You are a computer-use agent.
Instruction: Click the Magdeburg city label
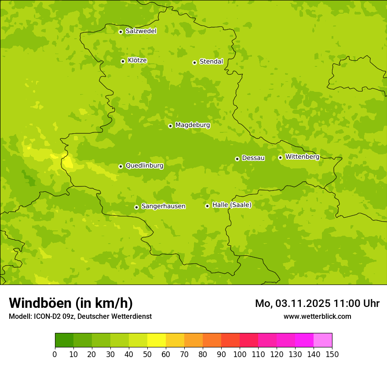(x=193, y=125)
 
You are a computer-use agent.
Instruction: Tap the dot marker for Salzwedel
(x=120, y=32)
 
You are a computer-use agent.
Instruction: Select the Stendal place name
(x=211, y=62)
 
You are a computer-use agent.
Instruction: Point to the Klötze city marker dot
(x=123, y=61)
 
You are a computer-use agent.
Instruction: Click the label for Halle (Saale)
(x=232, y=205)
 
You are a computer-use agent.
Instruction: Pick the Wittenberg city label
(x=302, y=157)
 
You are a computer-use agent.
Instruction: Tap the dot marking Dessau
(x=237, y=159)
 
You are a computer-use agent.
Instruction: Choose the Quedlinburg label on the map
(x=144, y=166)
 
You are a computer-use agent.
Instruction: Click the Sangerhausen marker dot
(x=136, y=207)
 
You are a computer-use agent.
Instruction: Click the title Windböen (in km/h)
(x=71, y=303)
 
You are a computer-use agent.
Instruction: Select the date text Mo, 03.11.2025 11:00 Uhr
(x=317, y=303)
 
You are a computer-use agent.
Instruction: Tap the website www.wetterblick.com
(x=317, y=316)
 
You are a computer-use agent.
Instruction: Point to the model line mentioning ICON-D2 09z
(x=80, y=316)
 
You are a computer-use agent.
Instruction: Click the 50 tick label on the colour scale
(x=147, y=354)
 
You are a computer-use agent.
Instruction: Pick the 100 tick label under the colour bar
(x=240, y=354)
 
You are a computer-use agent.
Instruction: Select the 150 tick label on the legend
(x=332, y=354)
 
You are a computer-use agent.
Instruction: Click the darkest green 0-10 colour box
(x=64, y=340)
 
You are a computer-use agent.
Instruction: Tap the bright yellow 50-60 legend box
(x=157, y=340)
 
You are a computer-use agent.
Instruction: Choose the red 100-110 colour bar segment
(x=249, y=340)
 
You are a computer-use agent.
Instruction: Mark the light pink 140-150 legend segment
(x=323, y=340)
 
